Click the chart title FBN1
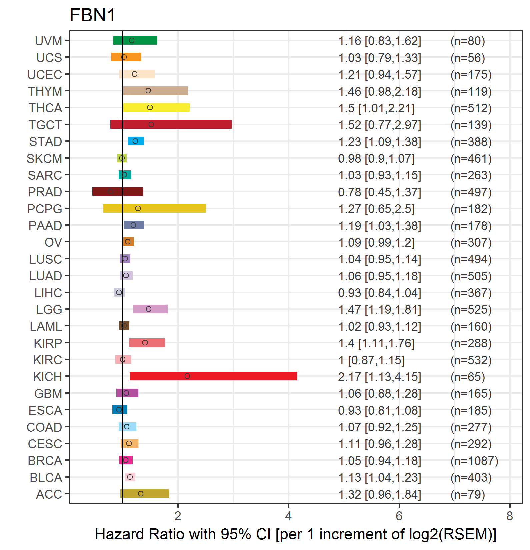pyautogui.click(x=92, y=15)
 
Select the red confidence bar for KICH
pyautogui.click(x=213, y=376)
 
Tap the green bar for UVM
pyautogui.click(x=135, y=40)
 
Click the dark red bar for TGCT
pyautogui.click(x=171, y=124)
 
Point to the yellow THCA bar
pyautogui.click(x=156, y=107)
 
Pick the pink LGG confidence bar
pyautogui.click(x=150, y=309)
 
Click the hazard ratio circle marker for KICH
pyautogui.click(x=187, y=376)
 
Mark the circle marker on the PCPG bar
pyautogui.click(x=138, y=208)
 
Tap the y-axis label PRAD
pyautogui.click(x=45, y=192)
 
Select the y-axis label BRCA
pyautogui.click(x=45, y=461)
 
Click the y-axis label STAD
pyautogui.click(x=46, y=142)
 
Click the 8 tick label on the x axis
pyautogui.click(x=510, y=516)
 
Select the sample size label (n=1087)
pyautogui.click(x=474, y=461)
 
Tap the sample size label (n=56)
pyautogui.click(x=468, y=58)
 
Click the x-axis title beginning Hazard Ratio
pyautogui.click(x=296, y=534)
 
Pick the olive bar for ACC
pyautogui.click(x=145, y=494)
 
